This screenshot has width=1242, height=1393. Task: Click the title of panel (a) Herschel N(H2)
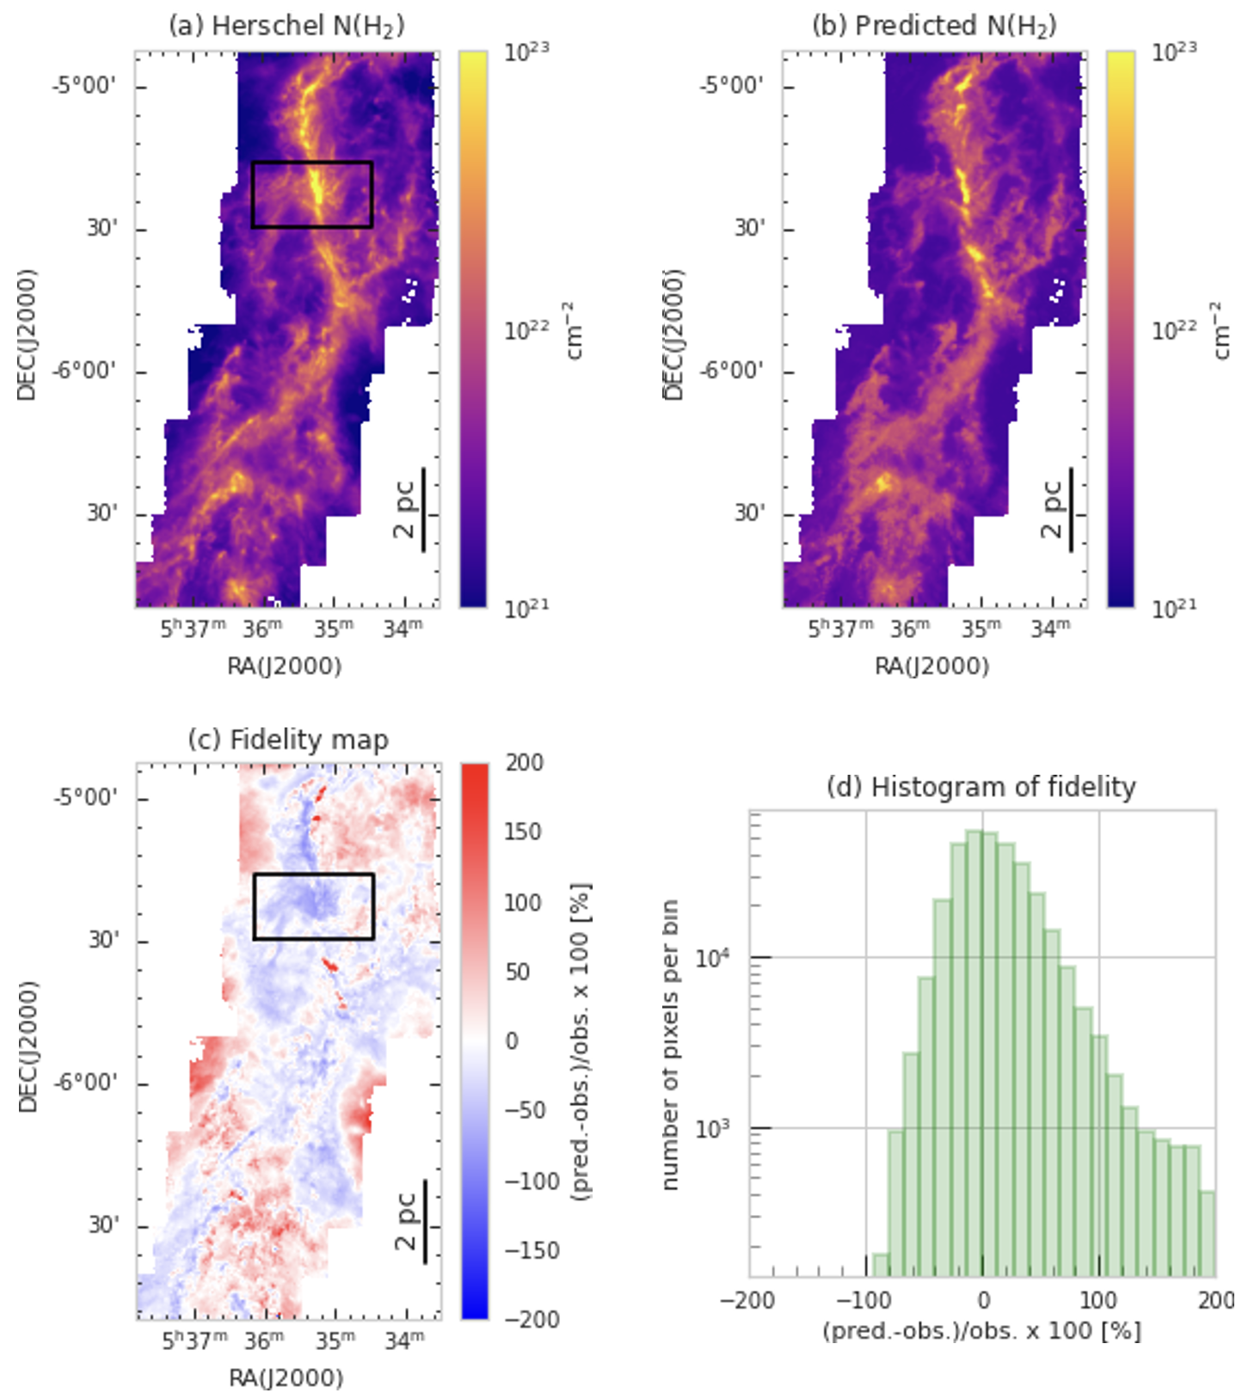coord(286,26)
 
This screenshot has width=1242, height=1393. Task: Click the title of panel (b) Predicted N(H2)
coord(934,26)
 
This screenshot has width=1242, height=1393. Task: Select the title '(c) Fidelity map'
coord(288,739)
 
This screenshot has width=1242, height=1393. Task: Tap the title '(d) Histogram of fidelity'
coord(981,787)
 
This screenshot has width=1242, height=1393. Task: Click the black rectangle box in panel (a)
coord(311,163)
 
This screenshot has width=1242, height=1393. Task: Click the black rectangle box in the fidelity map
coord(313,874)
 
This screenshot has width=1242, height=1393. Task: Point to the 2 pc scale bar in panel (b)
coord(1071,509)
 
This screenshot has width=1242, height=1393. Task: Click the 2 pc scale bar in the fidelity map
coord(425,1221)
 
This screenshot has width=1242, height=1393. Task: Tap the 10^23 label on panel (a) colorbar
coord(526,52)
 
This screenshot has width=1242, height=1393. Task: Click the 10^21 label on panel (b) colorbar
coord(1173,609)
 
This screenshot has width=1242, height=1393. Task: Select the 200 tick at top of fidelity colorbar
coord(524,763)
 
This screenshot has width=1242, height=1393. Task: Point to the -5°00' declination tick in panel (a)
coord(84,86)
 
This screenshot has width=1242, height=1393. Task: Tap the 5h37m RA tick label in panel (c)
coord(194,1340)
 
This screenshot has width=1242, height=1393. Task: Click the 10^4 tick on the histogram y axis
coord(713,957)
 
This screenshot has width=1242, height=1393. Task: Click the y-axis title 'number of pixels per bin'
coord(671,1044)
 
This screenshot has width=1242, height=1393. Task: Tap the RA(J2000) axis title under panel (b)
coord(932,666)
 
